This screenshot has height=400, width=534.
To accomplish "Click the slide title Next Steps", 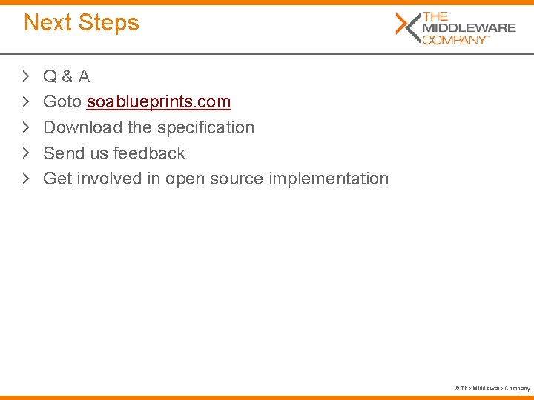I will (82, 22).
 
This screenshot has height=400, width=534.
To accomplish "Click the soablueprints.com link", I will (159, 101).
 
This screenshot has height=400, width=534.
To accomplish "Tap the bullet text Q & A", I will (67, 76).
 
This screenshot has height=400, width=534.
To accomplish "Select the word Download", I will (82, 127).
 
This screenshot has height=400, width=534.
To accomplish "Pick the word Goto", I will (62, 101).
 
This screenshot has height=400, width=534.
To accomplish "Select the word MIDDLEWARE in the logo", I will (469, 27).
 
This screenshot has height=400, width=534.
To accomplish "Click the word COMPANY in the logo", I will (454, 39).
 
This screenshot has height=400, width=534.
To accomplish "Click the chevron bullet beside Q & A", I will (26, 76).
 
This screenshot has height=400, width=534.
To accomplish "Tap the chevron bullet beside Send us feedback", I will (26, 153).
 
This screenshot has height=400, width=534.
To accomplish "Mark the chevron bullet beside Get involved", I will (26, 179).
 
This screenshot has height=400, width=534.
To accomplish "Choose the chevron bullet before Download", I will (26, 127).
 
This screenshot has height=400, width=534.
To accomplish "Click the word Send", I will (62, 153).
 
